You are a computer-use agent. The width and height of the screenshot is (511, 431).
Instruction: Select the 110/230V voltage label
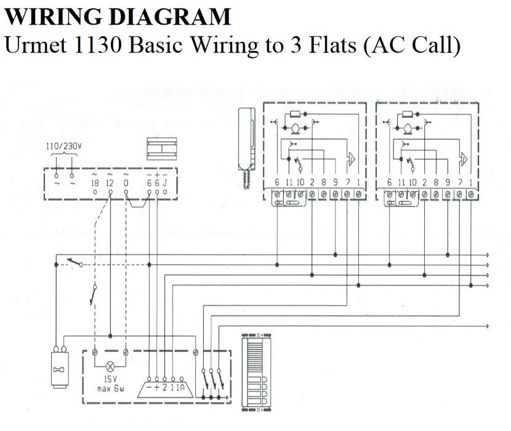[x=64, y=146]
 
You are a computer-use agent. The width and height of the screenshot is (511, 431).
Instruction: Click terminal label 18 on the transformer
[x=95, y=183]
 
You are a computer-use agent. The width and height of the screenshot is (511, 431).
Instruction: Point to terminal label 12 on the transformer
[x=110, y=183]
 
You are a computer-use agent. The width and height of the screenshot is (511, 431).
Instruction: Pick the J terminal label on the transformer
[x=165, y=183]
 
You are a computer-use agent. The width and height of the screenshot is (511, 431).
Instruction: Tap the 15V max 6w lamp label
[x=111, y=384]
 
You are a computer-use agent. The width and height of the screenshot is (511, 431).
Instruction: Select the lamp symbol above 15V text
[x=111, y=364]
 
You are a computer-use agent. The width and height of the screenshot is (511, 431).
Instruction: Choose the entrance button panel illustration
[x=254, y=372]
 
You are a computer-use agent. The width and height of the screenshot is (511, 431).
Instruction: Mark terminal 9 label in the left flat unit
[x=335, y=183]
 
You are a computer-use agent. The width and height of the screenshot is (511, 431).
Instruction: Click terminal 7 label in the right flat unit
[x=460, y=183]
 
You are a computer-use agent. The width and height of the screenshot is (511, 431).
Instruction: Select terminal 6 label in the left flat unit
[x=276, y=183]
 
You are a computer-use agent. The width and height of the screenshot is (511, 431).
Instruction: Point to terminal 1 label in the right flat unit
[x=471, y=183]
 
